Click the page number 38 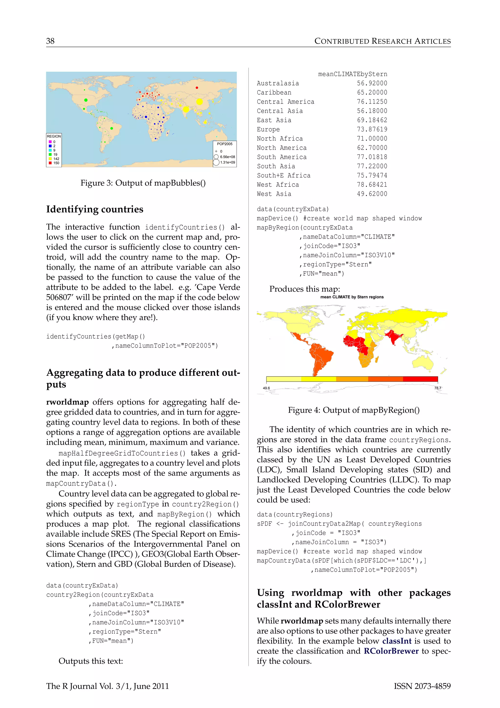pos(50,41)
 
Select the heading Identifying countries pos(94,209)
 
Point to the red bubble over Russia pos(197,88)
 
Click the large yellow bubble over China pos(199,101)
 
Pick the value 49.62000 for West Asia pos(372,194)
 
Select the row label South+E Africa pos(283,176)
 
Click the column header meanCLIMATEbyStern pos(353,74)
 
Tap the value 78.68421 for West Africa pos(372,185)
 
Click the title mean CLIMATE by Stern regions pos(352,297)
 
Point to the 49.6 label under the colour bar pos(266,388)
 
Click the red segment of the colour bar pos(420,379)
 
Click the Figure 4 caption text pos(354,410)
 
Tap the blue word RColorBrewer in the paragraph pos(391,651)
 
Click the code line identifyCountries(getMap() pos(95,336)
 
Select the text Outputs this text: pos(91,661)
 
